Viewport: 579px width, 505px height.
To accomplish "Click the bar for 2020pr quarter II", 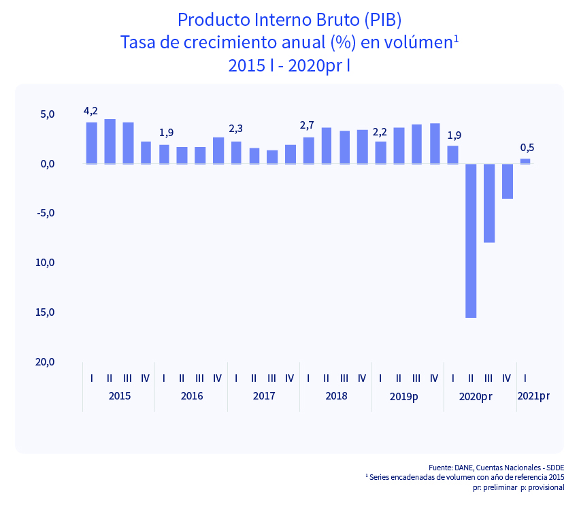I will [471, 240].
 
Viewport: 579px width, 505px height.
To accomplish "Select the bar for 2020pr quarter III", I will [489, 203].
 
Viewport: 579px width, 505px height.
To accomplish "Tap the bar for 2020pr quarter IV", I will [507, 181].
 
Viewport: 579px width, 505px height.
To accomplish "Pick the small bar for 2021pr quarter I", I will [525, 161].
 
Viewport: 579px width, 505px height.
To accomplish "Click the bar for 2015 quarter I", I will [91, 143].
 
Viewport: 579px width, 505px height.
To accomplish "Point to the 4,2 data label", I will [90, 111].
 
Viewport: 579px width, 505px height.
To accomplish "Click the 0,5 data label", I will [527, 148].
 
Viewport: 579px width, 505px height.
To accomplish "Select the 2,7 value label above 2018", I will [307, 126].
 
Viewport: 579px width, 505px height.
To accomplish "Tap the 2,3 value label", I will [235, 128].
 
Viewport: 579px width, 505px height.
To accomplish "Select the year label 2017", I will [263, 396].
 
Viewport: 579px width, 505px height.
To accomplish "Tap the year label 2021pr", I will [533, 395].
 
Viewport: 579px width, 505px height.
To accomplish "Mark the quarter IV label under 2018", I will [362, 378].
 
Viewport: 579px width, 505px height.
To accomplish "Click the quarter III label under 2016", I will [199, 378].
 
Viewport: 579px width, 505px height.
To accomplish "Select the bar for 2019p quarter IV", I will [435, 144].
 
